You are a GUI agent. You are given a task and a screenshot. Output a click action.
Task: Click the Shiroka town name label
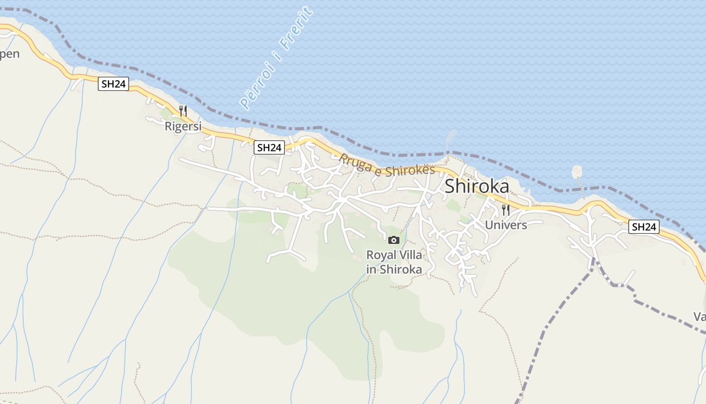click(x=477, y=186)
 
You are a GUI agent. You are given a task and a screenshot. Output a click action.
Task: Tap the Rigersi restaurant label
click(x=183, y=126)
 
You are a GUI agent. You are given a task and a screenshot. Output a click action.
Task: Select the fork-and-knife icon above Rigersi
click(x=183, y=111)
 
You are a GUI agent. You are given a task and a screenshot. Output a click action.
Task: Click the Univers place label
click(x=506, y=225)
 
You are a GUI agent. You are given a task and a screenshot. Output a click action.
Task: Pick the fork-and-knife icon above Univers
click(x=505, y=210)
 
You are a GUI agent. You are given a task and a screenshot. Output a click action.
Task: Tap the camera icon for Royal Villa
click(x=394, y=240)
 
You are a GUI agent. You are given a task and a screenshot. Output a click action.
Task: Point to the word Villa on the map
click(x=410, y=255)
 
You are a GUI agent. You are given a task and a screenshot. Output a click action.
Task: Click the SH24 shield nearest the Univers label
click(x=644, y=227)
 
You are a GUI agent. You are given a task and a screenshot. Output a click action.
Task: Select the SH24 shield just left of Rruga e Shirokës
click(x=269, y=147)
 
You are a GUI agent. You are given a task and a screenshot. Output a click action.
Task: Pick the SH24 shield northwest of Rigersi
click(x=113, y=84)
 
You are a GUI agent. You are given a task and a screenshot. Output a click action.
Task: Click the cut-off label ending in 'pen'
click(x=9, y=54)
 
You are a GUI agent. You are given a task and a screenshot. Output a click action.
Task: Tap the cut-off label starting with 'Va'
click(x=699, y=317)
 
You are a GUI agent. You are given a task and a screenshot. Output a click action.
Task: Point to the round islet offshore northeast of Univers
click(x=577, y=172)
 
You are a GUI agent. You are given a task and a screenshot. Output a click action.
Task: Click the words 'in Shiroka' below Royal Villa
click(x=394, y=269)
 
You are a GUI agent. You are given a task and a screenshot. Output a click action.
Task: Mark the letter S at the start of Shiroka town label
click(x=450, y=186)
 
